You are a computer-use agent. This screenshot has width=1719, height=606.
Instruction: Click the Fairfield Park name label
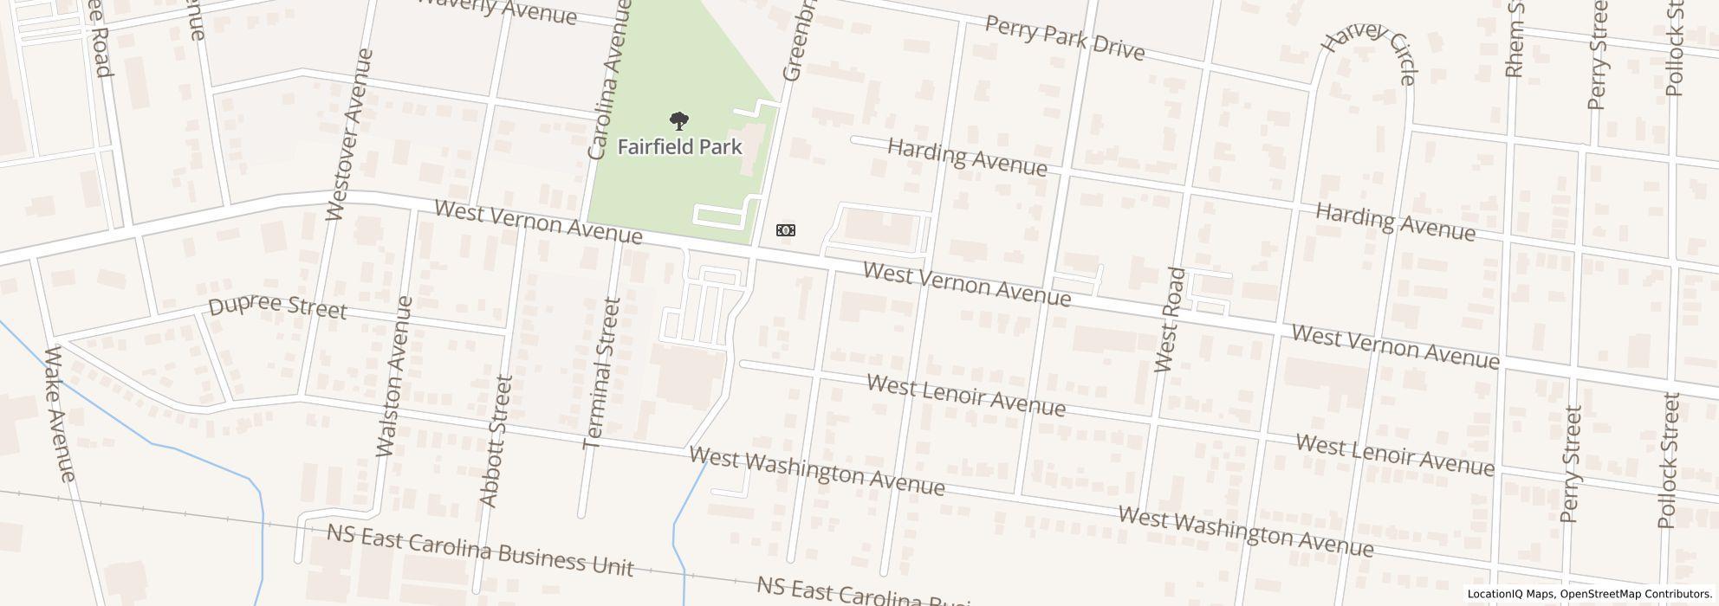pyautogui.click(x=679, y=146)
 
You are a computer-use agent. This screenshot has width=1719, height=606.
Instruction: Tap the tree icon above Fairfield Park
pyautogui.click(x=679, y=121)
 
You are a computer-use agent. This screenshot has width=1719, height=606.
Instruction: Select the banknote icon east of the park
pyautogui.click(x=785, y=230)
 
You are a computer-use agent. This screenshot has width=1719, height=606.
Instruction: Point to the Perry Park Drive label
pyautogui.click(x=1065, y=38)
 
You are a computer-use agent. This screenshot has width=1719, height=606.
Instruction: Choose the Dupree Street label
pyautogui.click(x=277, y=308)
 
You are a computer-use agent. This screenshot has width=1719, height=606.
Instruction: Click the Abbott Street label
pyautogui.click(x=496, y=441)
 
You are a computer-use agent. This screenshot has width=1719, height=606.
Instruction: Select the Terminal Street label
pyautogui.click(x=602, y=374)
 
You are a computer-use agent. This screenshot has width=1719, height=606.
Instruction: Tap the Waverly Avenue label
pyautogui.click(x=497, y=10)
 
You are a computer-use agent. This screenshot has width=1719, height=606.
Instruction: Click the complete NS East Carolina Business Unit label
pyautogui.click(x=480, y=549)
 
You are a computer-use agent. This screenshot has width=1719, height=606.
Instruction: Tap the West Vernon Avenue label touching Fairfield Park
pyautogui.click(x=538, y=222)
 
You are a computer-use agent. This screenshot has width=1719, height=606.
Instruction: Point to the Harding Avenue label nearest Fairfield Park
pyautogui.click(x=967, y=157)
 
